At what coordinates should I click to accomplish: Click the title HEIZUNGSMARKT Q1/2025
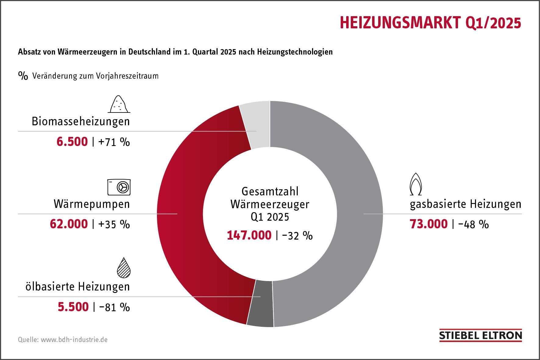[430, 23]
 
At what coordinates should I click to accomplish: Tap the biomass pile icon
[119, 104]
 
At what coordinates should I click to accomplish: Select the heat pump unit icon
[119, 187]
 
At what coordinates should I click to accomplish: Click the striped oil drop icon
[124, 268]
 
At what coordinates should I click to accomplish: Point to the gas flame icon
[416, 184]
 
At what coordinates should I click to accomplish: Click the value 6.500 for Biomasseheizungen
[72, 142]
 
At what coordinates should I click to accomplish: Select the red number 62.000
[69, 224]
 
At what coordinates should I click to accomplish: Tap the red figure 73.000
[428, 224]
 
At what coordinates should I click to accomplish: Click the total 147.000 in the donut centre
[249, 235]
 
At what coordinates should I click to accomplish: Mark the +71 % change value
[114, 142]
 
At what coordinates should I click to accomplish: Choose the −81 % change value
[114, 307]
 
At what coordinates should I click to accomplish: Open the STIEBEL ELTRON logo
[480, 336]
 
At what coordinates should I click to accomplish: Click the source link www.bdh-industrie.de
[74, 340]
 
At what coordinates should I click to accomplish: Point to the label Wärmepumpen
[92, 204]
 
